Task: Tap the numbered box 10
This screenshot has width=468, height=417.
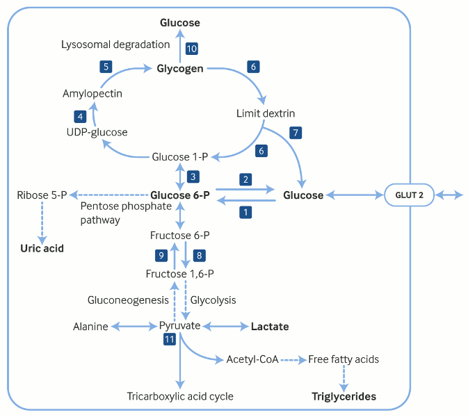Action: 192,48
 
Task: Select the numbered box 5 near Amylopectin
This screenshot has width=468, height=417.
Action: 106,67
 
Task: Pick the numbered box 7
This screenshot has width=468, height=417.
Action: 296,131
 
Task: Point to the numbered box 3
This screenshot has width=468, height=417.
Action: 194,176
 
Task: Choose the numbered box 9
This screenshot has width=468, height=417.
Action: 161,255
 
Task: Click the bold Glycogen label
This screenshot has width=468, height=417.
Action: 180,69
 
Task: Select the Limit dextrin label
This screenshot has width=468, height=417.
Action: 266,113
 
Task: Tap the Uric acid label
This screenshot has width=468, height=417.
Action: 42,247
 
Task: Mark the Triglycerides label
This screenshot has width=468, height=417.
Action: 344,396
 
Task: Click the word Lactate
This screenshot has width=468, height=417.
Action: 270,326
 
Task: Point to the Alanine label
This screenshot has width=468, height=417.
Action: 91,326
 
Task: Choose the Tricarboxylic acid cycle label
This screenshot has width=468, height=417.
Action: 180,396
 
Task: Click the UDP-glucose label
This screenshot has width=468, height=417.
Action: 97,131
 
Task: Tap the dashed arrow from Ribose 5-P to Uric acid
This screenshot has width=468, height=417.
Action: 42,221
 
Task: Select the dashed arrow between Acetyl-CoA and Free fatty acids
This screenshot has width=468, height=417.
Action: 293,359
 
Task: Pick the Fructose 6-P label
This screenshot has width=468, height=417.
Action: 180,235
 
